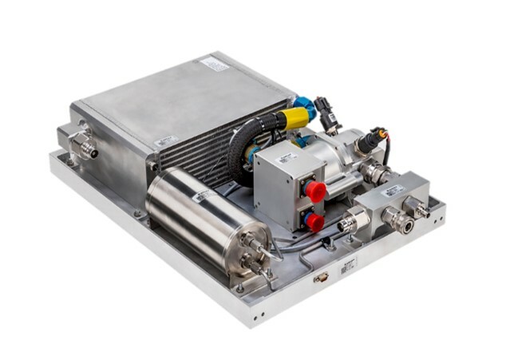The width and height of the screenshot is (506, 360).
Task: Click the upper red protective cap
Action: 315,191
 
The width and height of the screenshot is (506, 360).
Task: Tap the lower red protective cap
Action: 314,222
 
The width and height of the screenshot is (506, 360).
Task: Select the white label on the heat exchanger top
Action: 214,63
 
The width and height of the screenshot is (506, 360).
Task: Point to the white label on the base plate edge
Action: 348,266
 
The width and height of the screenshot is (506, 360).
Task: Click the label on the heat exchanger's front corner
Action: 165,141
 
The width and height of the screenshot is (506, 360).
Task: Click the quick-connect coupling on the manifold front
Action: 400,221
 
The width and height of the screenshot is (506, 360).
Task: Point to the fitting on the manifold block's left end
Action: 353,222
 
